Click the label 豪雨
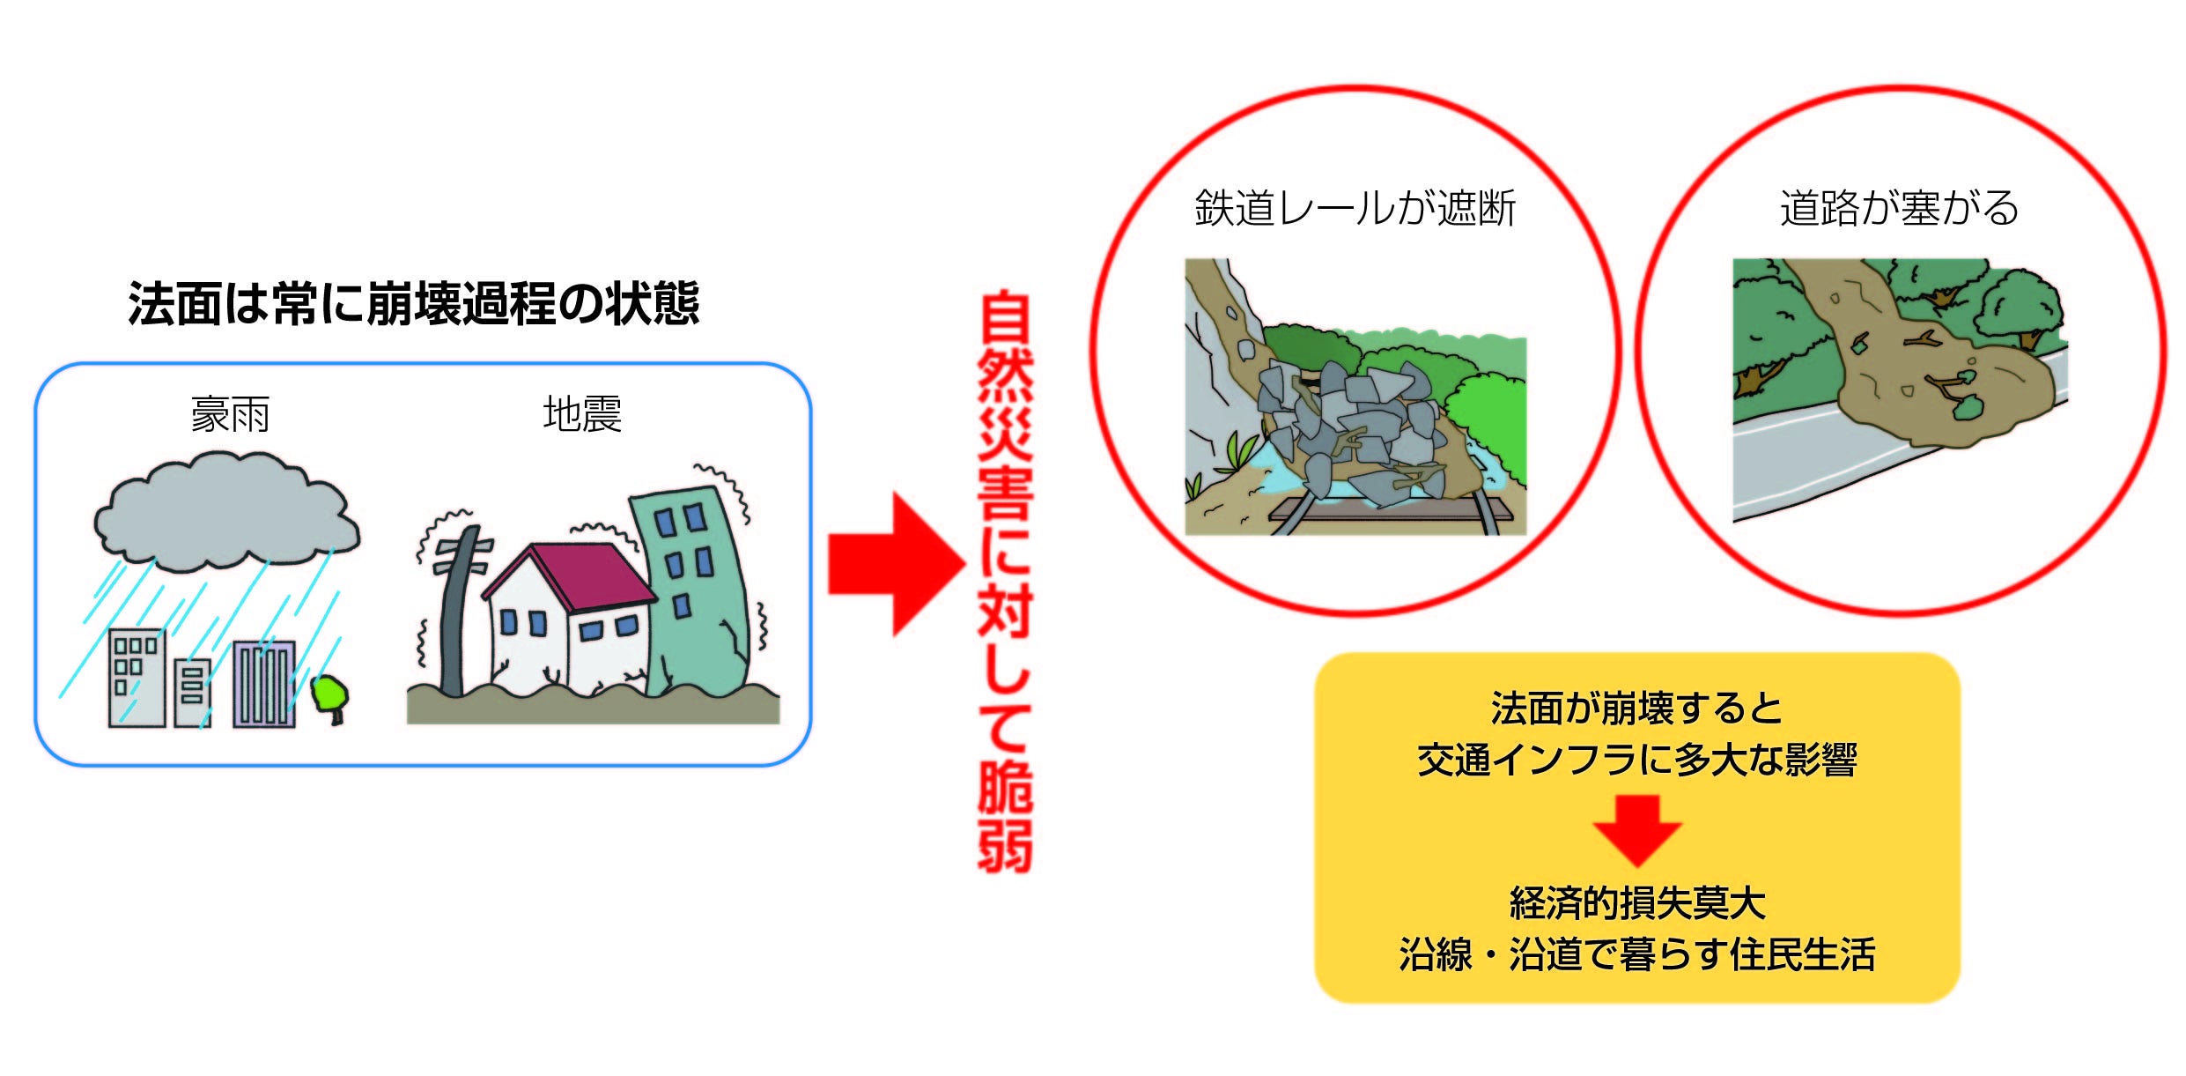point(230,415)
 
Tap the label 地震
point(582,414)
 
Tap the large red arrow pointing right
point(894,564)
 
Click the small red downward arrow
point(1636,829)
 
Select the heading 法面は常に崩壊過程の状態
point(413,304)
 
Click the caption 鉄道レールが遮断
point(1355,209)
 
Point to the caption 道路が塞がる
point(1899,209)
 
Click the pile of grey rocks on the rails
point(1348,432)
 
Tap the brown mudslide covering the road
point(1938,379)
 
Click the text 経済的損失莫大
point(1637,903)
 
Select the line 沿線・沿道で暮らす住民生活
point(1637,955)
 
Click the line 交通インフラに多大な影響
point(1637,760)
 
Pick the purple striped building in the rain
point(263,684)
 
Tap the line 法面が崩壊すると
point(1637,709)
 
